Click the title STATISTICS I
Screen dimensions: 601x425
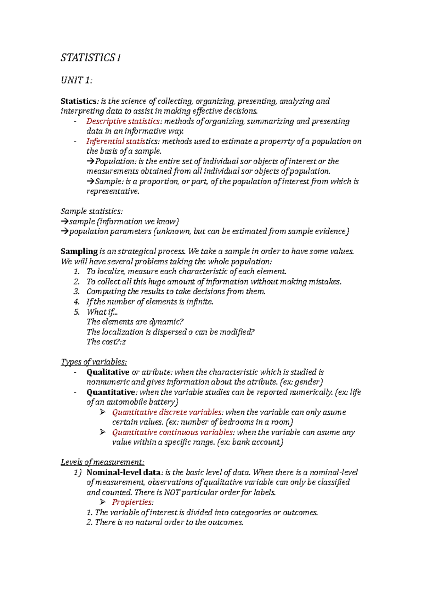pyautogui.click(x=90, y=58)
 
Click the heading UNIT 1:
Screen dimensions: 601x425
pyautogui.click(x=76, y=80)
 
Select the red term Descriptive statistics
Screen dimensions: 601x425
pyautogui.click(x=123, y=121)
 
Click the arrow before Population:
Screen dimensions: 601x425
pyautogui.click(x=90, y=162)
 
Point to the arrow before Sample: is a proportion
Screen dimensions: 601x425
pyautogui.click(x=90, y=182)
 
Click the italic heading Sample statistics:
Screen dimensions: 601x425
pyautogui.click(x=92, y=211)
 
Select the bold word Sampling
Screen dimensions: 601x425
pyautogui.click(x=79, y=251)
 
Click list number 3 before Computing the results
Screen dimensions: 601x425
pyautogui.click(x=76, y=292)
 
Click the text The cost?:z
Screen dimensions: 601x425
pyautogui.click(x=106, y=342)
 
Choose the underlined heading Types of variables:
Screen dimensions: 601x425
pyautogui.click(x=94, y=362)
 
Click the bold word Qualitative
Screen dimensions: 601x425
pyautogui.click(x=108, y=372)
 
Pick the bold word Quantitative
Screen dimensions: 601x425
pyautogui.click(x=110, y=392)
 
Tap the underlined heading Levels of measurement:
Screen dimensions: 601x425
pyautogui.click(x=102, y=462)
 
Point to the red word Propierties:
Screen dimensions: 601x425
pyautogui.click(x=133, y=502)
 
